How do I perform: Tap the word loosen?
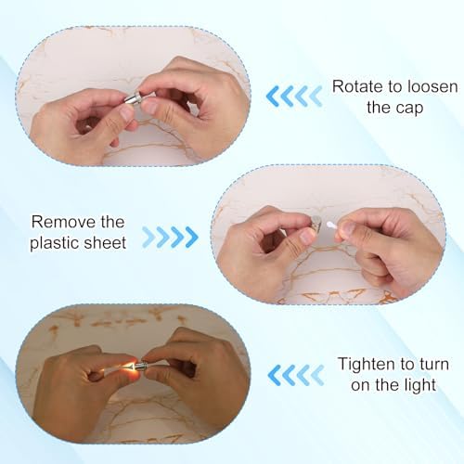click(x=432, y=86)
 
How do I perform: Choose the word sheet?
click(x=106, y=242)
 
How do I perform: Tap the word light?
click(x=419, y=385)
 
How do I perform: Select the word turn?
click(x=434, y=365)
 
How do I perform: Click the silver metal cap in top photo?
click(x=133, y=97)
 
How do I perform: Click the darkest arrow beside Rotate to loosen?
click(x=273, y=97)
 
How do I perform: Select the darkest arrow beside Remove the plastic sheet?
click(x=191, y=238)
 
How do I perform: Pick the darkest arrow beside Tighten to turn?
click(x=274, y=375)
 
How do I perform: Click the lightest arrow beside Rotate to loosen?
click(x=316, y=97)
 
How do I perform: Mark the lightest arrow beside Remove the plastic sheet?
click(x=148, y=238)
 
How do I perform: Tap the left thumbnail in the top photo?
click(x=126, y=113)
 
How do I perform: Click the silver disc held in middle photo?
click(x=316, y=224)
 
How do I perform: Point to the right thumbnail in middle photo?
click(x=349, y=228)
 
